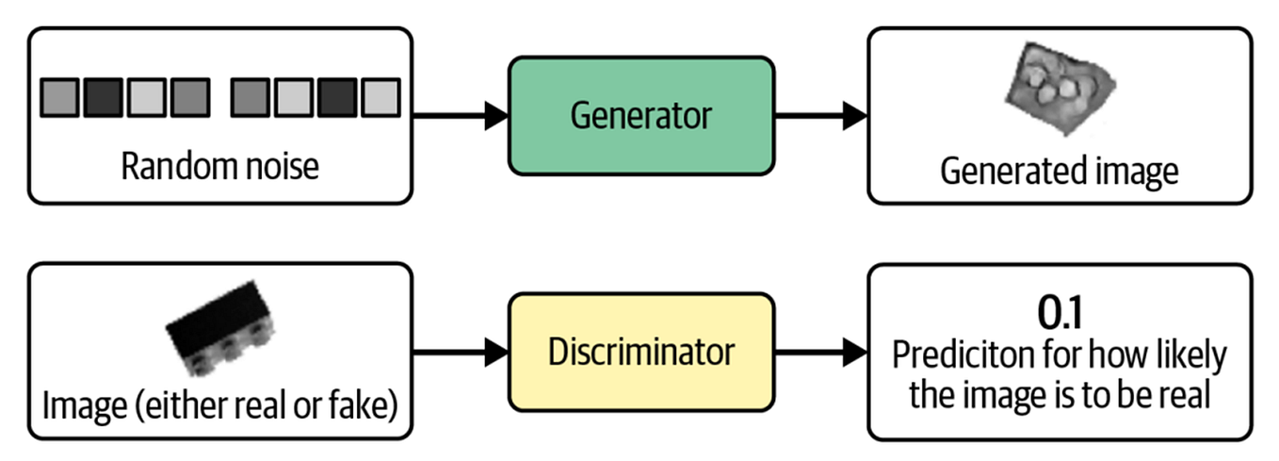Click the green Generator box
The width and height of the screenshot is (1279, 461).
tap(641, 116)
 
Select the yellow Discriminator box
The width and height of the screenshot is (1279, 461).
tap(641, 353)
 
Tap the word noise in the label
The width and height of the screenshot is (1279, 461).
tap(280, 167)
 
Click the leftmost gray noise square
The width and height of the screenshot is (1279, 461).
tap(60, 97)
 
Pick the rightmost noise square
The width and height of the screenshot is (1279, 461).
tap(380, 97)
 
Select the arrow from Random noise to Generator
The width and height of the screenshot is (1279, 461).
tap(461, 116)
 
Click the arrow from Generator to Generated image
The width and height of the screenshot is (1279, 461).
tap(820, 116)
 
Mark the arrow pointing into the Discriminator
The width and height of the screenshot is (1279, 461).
tap(461, 354)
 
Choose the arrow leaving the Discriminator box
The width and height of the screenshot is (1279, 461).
tap(820, 354)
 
